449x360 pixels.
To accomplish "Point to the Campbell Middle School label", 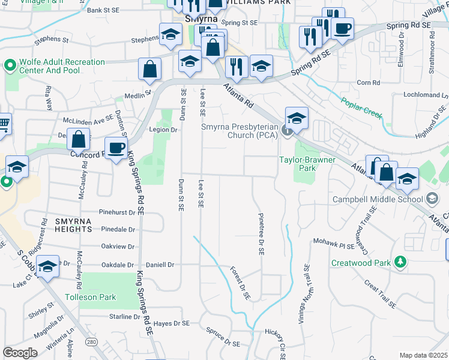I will point(377,199).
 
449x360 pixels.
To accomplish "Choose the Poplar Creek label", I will point(361,107).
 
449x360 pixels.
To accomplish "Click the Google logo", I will point(20,353).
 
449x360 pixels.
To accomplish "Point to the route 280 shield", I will point(91,342).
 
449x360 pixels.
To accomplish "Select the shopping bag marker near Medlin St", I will point(149,70).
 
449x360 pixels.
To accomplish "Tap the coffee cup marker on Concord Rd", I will point(116,146).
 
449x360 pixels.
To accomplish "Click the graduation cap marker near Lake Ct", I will point(47,266).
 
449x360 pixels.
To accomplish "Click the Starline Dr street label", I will point(124,317).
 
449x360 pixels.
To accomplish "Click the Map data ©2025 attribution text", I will point(424,355).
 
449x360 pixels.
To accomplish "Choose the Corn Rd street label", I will point(369,82).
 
